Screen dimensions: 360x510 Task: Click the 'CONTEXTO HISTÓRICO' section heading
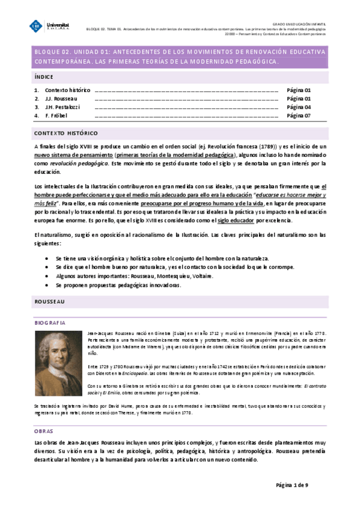point(66,133)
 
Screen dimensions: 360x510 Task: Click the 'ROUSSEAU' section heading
point(50,301)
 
